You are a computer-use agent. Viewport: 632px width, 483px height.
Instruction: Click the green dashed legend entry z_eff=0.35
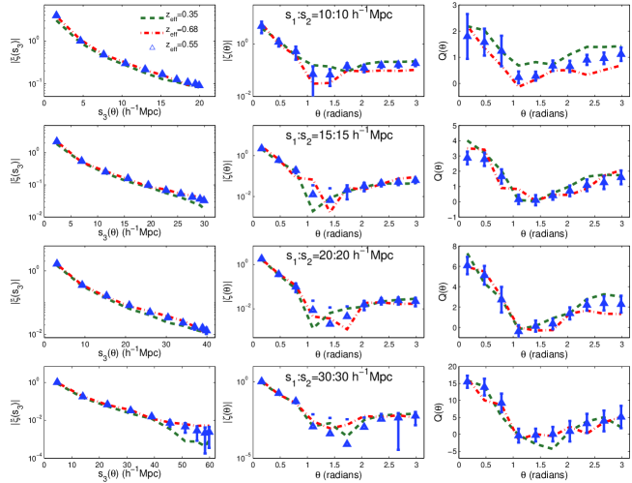tap(165, 16)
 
